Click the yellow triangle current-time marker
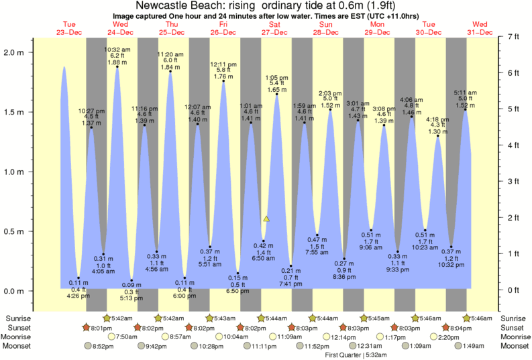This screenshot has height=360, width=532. click(266, 219)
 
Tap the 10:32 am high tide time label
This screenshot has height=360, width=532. click(117, 50)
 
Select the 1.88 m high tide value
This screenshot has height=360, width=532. click(117, 63)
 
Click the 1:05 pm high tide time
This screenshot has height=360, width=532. click(277, 76)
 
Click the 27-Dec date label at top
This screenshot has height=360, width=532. click(275, 32)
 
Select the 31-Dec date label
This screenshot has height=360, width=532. click(480, 32)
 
